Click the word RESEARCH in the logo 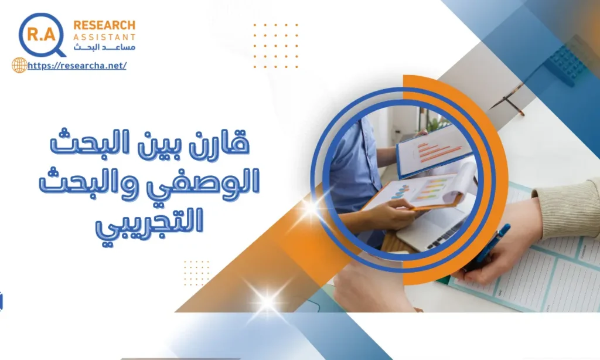(104, 25)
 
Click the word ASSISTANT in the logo (104, 37)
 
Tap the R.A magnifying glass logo (42, 35)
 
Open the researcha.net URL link (77, 66)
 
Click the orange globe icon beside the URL (19, 65)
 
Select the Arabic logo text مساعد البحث (104, 47)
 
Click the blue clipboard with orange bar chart (434, 151)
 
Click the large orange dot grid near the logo (275, 46)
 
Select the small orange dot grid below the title (196, 273)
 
